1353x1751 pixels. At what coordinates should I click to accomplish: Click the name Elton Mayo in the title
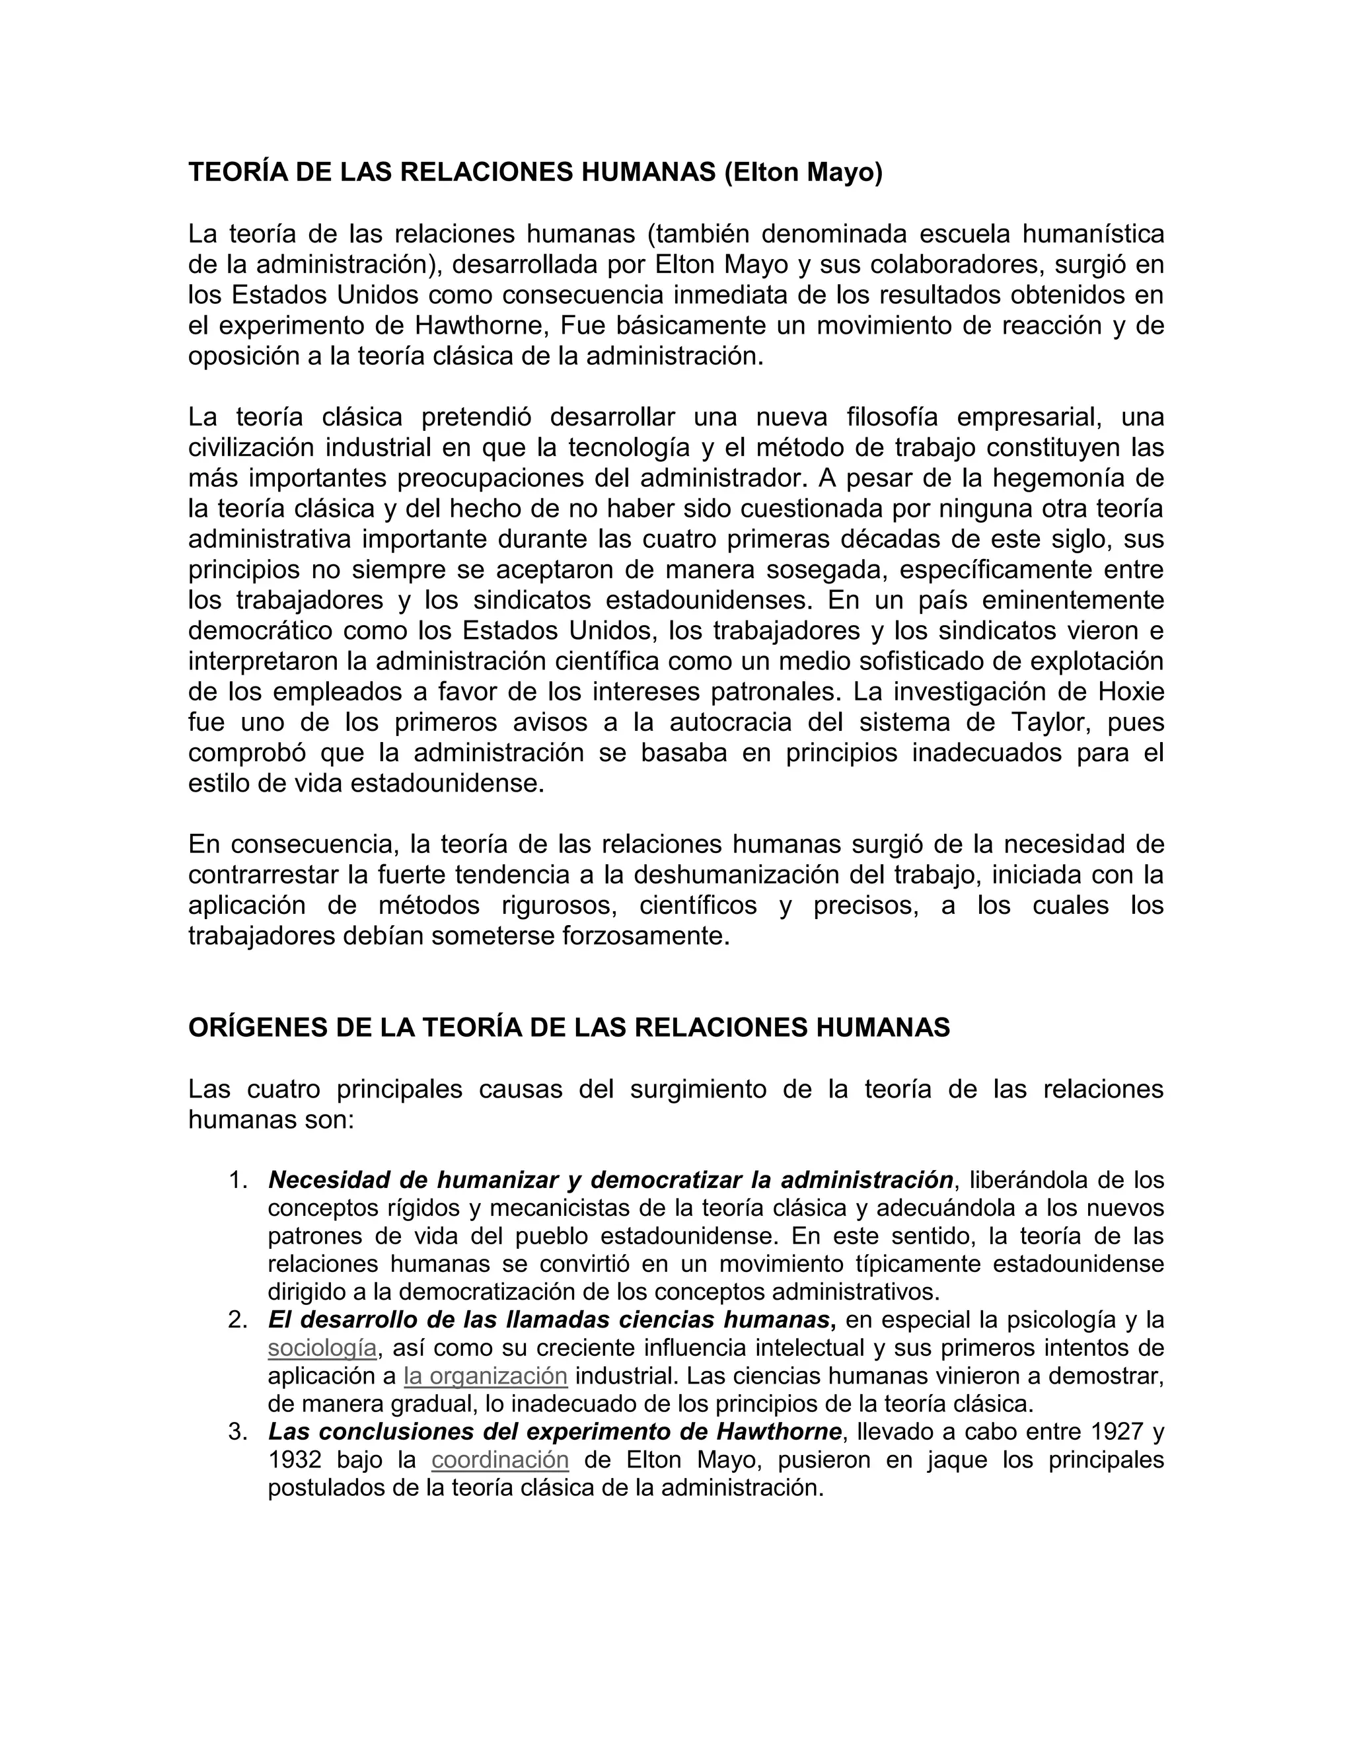point(803,172)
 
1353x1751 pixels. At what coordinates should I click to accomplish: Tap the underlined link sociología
point(322,1348)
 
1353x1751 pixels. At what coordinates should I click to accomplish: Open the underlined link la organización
point(486,1376)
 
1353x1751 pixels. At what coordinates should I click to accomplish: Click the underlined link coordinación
point(500,1460)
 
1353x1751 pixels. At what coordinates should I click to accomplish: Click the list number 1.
point(237,1180)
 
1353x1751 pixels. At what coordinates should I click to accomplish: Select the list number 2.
point(237,1320)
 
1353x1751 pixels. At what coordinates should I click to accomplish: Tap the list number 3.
point(237,1432)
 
